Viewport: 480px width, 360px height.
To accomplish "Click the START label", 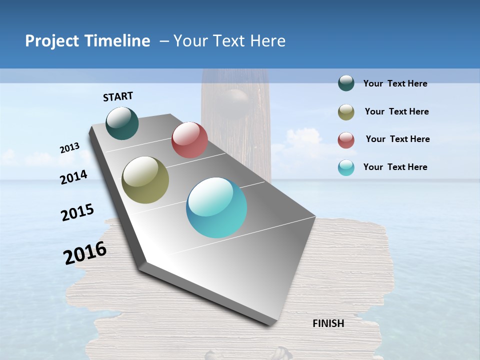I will [118, 96].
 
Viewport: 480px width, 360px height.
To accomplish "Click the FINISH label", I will [328, 323].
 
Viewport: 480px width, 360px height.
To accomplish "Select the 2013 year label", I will [69, 148].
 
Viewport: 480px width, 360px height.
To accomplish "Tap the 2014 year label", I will [73, 177].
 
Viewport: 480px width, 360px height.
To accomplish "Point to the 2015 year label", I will [77, 212].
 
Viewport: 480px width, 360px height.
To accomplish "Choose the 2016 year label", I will [85, 253].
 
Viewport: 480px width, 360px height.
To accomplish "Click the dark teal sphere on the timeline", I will [122, 123].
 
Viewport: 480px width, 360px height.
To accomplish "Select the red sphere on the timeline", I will [189, 140].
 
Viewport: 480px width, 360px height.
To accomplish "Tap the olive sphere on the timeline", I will [145, 180].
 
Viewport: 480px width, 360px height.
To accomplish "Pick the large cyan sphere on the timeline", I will [216, 207].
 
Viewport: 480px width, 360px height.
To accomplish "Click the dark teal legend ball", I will [346, 83].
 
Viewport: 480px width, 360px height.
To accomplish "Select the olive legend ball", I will [346, 112].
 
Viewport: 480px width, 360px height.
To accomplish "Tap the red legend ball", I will [346, 140].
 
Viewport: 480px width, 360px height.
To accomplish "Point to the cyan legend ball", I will [346, 167].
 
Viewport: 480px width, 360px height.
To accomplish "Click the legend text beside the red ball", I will [397, 139].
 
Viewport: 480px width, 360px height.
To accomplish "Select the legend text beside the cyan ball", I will [395, 167].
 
